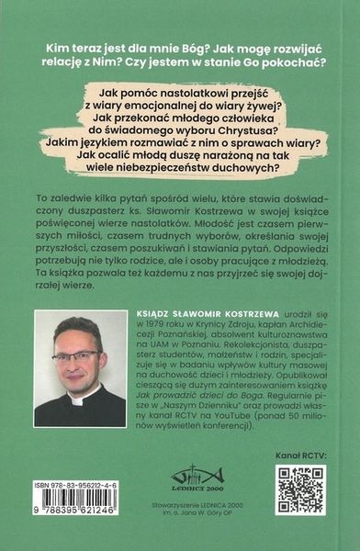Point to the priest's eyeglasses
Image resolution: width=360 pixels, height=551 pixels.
point(77,356)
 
